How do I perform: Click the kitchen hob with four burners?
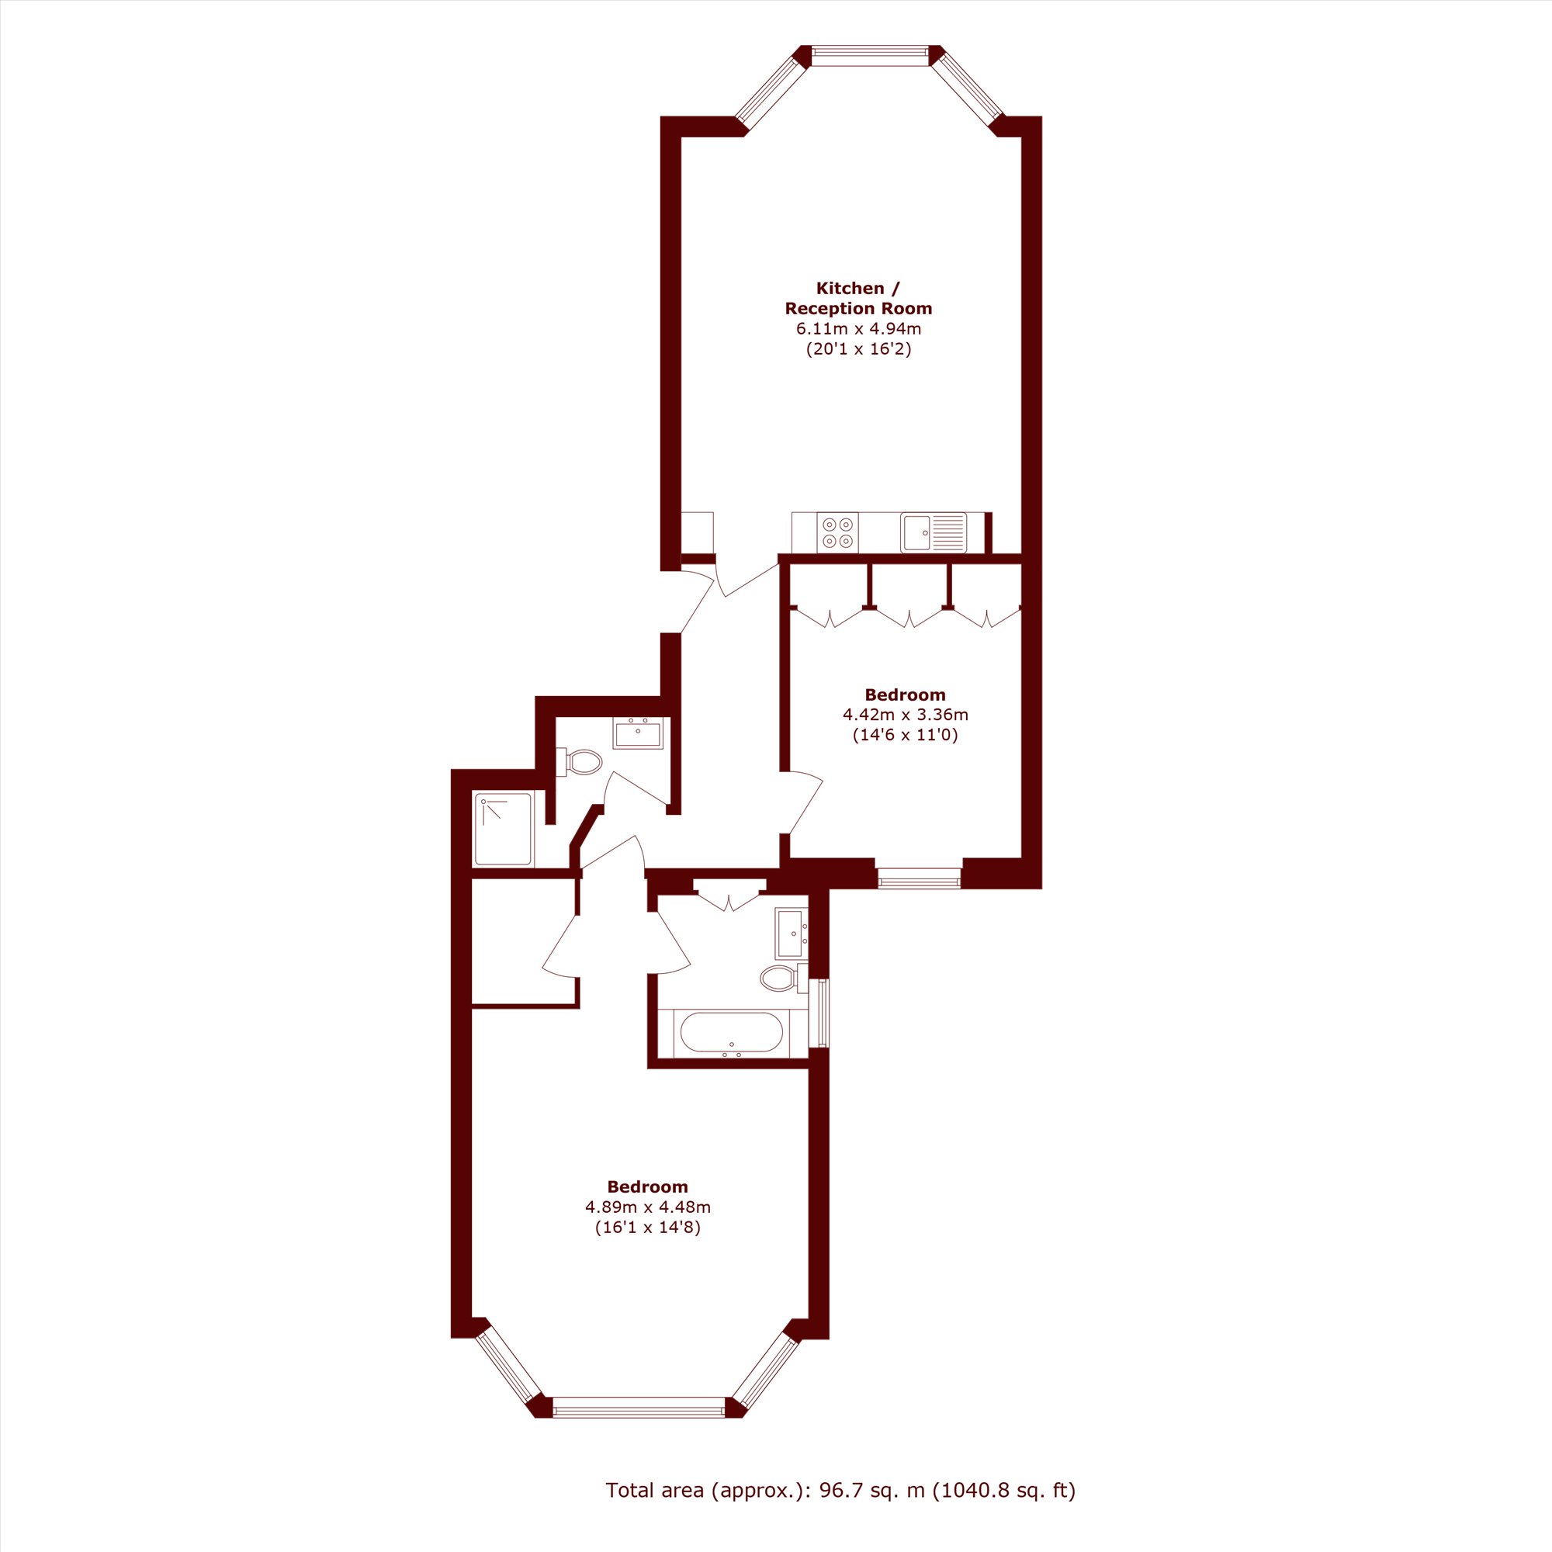(837, 532)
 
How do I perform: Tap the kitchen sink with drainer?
(934, 532)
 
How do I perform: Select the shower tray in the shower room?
(503, 829)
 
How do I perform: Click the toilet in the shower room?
(579, 761)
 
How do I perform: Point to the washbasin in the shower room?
(638, 733)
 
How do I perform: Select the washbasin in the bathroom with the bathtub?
(792, 934)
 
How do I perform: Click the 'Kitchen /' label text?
(858, 289)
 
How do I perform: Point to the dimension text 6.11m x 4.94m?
(858, 328)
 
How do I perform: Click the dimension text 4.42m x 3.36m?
(906, 714)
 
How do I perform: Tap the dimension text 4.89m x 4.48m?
(647, 1207)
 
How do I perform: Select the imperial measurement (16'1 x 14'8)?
(647, 1228)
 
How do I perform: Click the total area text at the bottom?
(840, 1491)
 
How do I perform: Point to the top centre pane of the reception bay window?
(870, 54)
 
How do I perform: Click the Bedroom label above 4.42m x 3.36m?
(906, 694)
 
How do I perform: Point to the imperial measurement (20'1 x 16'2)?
(859, 348)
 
